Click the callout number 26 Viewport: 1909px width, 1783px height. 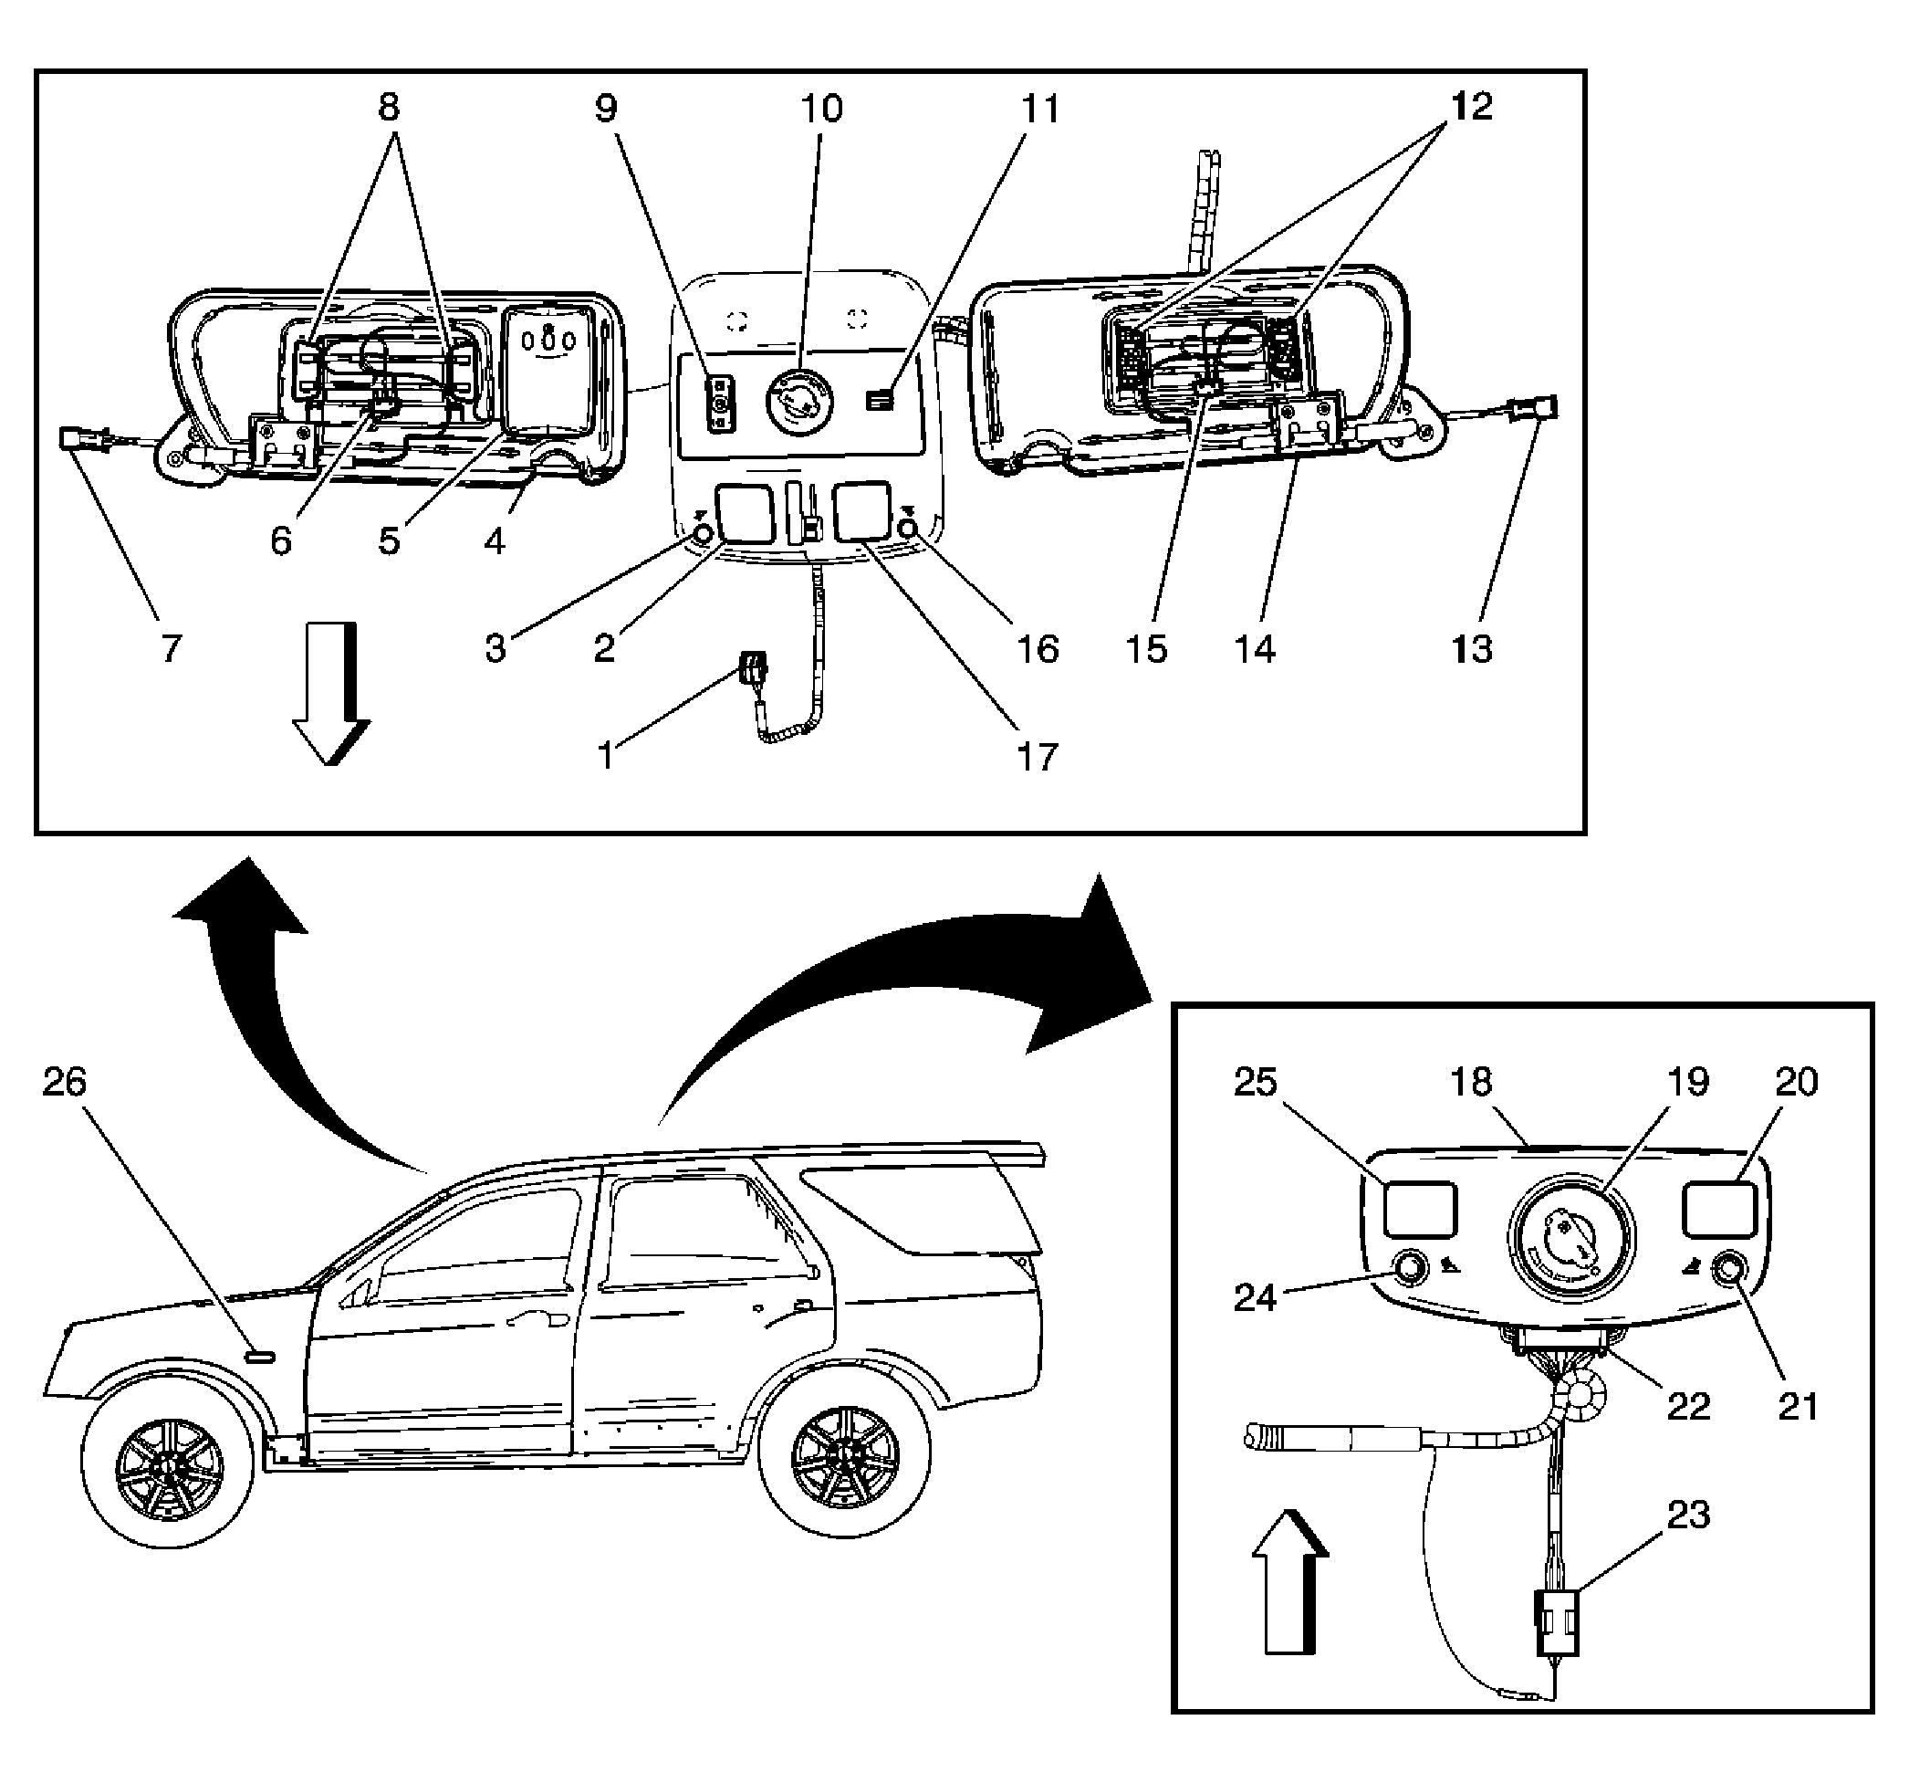tap(65, 1082)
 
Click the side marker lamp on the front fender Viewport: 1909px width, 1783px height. tap(259, 1357)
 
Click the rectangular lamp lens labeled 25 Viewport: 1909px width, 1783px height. tap(1419, 1210)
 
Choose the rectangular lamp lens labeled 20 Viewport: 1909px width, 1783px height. tap(1720, 1210)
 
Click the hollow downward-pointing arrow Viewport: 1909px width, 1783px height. tap(330, 694)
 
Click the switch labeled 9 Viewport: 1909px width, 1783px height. tap(719, 405)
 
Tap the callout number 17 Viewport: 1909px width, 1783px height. tap(1037, 757)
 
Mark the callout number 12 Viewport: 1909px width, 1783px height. tap(1471, 107)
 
